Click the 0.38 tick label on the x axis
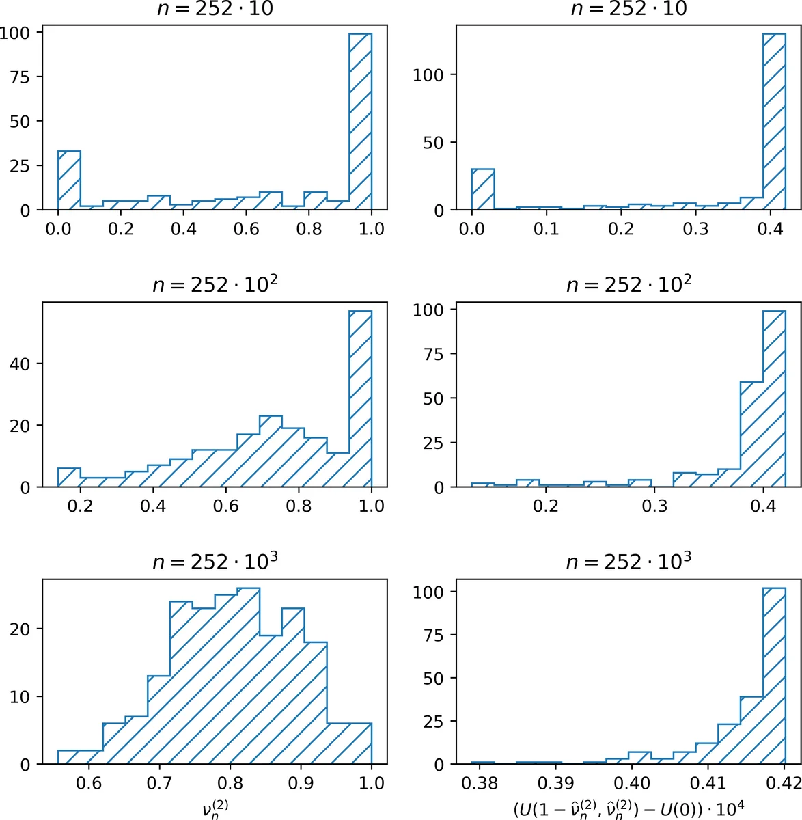[x=479, y=782]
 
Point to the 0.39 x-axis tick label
[x=555, y=782]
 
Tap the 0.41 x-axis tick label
[x=708, y=782]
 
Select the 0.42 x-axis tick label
[x=784, y=782]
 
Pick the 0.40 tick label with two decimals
[x=631, y=782]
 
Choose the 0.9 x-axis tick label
[x=301, y=782]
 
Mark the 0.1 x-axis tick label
[x=546, y=228]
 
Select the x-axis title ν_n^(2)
[x=215, y=808]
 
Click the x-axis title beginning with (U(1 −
[x=628, y=808]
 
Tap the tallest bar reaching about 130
[x=774, y=123]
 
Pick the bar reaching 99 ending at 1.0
[x=360, y=123]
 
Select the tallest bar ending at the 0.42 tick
[x=774, y=676]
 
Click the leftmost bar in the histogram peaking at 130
[x=483, y=190]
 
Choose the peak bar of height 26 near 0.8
[x=248, y=676]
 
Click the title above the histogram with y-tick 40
[x=215, y=285]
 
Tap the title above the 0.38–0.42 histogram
[x=628, y=562]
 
